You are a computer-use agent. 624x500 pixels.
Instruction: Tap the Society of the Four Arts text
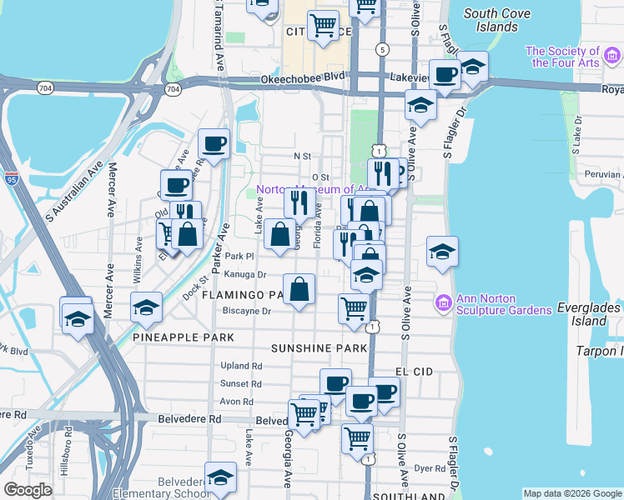[x=575, y=57]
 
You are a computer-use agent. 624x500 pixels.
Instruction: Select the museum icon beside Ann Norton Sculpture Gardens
[x=442, y=302]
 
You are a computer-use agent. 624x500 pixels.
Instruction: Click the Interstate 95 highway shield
[x=11, y=177]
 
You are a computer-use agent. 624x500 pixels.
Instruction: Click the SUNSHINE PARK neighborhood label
[x=319, y=347]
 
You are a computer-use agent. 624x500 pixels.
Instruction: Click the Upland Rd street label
[x=241, y=366]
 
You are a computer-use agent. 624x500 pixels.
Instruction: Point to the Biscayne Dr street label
[x=247, y=311]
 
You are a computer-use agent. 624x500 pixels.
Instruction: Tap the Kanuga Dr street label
[x=244, y=273]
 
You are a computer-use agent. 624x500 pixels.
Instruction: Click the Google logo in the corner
[x=28, y=489]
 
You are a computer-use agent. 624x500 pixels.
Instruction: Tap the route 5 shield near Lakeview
[x=381, y=50]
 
